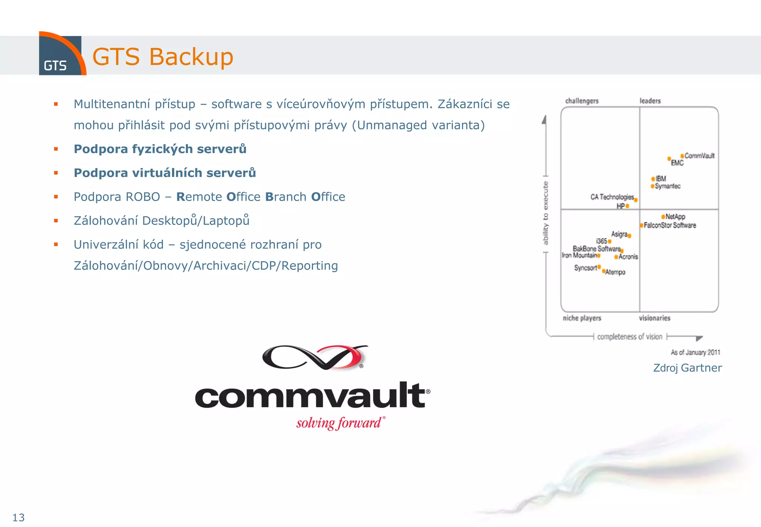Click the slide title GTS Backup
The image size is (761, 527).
[x=163, y=57]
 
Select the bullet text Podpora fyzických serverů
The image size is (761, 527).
[x=160, y=149]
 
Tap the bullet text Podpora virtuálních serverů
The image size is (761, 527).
[x=165, y=173]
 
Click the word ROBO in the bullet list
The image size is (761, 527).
[x=143, y=197]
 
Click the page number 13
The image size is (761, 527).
[x=19, y=517]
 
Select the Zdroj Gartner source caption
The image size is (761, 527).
[x=687, y=368]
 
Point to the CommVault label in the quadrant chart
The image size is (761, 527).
[x=699, y=156]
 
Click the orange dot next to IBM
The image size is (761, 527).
[x=653, y=179]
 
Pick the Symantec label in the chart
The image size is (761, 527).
[x=668, y=186]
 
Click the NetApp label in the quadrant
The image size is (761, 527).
[x=675, y=217]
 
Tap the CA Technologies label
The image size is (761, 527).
[x=612, y=197]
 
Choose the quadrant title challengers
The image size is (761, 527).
[x=582, y=101]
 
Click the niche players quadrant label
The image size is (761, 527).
[x=582, y=318]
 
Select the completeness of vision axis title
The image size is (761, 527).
[x=630, y=337]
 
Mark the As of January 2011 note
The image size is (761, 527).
[x=695, y=352]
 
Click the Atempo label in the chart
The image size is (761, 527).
[x=615, y=272]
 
